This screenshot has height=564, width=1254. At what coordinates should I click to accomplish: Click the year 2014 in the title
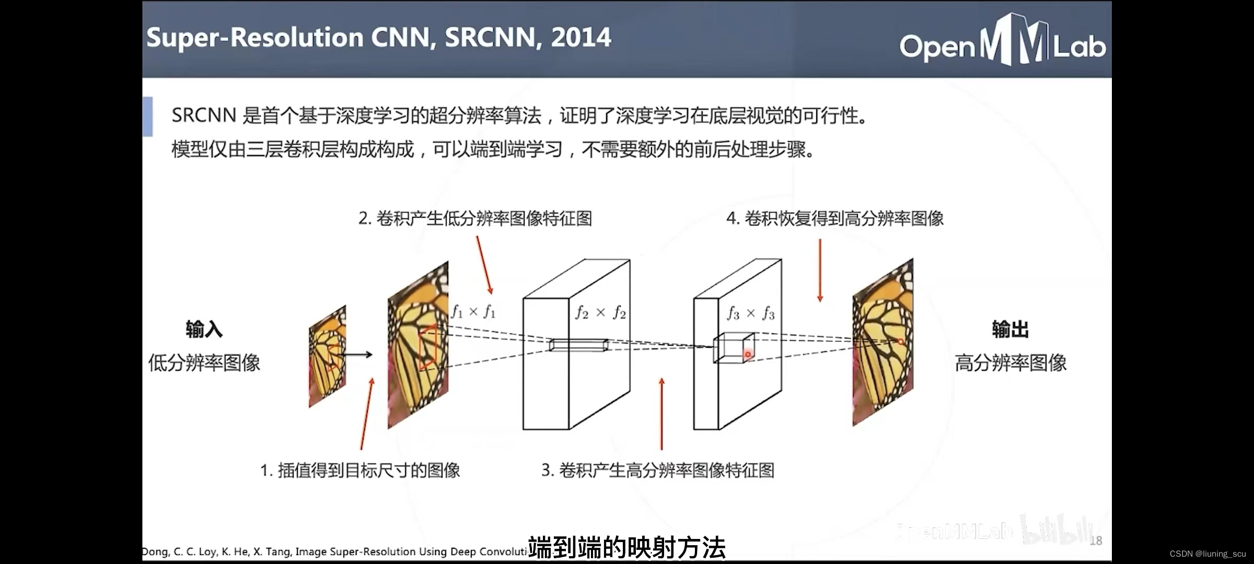[580, 38]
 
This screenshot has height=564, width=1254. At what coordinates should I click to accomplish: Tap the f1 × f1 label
[473, 312]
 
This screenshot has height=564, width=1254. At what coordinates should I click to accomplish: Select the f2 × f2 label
[600, 312]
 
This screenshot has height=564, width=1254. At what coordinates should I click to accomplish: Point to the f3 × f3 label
[751, 313]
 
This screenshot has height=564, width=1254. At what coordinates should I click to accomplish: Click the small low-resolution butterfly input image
[327, 356]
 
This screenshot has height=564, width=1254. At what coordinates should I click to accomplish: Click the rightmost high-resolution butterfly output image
[883, 343]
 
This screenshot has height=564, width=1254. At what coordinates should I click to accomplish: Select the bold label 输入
[204, 330]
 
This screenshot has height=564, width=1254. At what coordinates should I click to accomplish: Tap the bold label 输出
[1010, 330]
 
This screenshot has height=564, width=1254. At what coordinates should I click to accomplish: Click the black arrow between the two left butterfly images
[357, 355]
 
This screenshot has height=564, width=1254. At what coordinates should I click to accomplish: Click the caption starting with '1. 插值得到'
[360, 471]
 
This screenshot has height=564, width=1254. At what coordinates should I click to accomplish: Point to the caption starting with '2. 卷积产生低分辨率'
[475, 218]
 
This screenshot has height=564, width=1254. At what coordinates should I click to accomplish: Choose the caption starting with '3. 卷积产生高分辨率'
[657, 471]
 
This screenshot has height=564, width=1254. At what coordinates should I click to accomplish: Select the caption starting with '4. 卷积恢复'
[834, 218]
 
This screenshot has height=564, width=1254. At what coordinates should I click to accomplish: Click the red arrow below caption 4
[820, 271]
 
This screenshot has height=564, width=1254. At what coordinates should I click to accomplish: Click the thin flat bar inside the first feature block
[578, 345]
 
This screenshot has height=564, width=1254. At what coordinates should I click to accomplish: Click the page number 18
[1096, 541]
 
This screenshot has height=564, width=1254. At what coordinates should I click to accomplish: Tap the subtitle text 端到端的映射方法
[626, 548]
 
